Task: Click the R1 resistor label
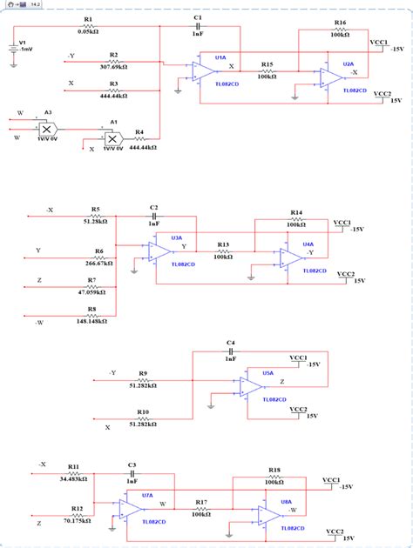click(89, 18)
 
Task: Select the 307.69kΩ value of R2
click(113, 66)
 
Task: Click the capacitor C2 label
click(153, 208)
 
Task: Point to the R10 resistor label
click(142, 411)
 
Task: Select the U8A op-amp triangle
click(267, 514)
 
